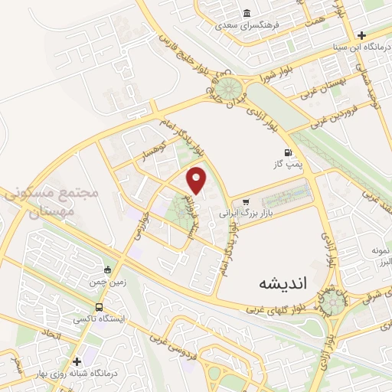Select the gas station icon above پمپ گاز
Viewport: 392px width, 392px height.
tap(288, 152)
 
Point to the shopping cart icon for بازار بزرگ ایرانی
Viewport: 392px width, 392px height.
tap(245, 202)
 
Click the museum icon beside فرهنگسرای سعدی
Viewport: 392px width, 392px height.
tap(247, 14)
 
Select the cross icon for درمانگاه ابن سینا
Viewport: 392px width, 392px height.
tap(361, 35)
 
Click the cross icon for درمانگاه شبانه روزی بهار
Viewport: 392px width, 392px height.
tap(77, 361)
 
